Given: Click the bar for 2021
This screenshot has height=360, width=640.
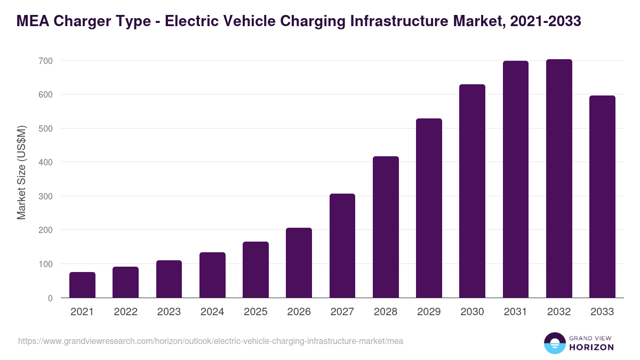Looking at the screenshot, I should [82, 285].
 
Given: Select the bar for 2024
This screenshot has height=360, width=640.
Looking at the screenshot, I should [212, 275].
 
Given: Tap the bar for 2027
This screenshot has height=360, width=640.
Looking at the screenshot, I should [342, 246].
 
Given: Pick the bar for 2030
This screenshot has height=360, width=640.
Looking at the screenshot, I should [472, 191].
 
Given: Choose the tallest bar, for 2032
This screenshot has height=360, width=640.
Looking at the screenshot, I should [559, 179].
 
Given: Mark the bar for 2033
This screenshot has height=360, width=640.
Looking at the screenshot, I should [602, 197].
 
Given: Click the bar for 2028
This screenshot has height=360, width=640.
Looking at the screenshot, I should [386, 227].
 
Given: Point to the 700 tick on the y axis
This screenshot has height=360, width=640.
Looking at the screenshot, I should [45, 61].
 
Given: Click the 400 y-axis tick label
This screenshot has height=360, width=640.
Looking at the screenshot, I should [45, 162].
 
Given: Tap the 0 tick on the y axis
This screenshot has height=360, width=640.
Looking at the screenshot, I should [50, 298].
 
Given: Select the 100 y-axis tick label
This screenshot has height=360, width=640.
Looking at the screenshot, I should [45, 264].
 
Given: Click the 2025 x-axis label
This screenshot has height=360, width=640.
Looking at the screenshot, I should [255, 312].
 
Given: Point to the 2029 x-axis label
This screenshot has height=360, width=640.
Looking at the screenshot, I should [429, 312].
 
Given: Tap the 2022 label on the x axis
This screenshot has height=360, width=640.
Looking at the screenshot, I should [125, 312].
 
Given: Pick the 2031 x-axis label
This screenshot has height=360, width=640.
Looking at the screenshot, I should [516, 312].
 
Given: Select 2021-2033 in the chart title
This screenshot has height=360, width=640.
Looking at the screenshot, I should [545, 21].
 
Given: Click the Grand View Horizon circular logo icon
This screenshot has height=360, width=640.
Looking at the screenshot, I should [554, 343].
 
